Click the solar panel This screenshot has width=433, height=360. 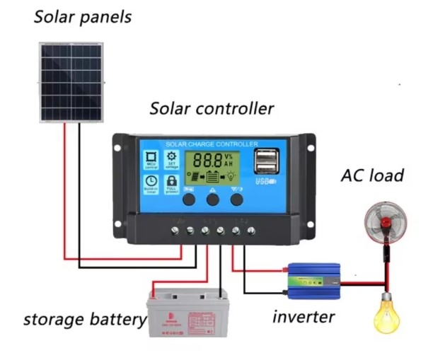pyautogui.click(x=70, y=82)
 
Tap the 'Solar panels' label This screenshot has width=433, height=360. pyautogui.click(x=83, y=18)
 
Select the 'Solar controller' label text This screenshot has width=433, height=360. pyautogui.click(x=211, y=109)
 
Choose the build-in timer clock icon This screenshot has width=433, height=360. pyautogui.click(x=151, y=183)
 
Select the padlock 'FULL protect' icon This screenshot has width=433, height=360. pyautogui.click(x=171, y=183)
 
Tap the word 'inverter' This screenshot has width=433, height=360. pyautogui.click(x=304, y=316)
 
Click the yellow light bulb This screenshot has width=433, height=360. pyautogui.click(x=387, y=313)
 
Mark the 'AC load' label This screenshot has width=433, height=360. pyautogui.click(x=372, y=175)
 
